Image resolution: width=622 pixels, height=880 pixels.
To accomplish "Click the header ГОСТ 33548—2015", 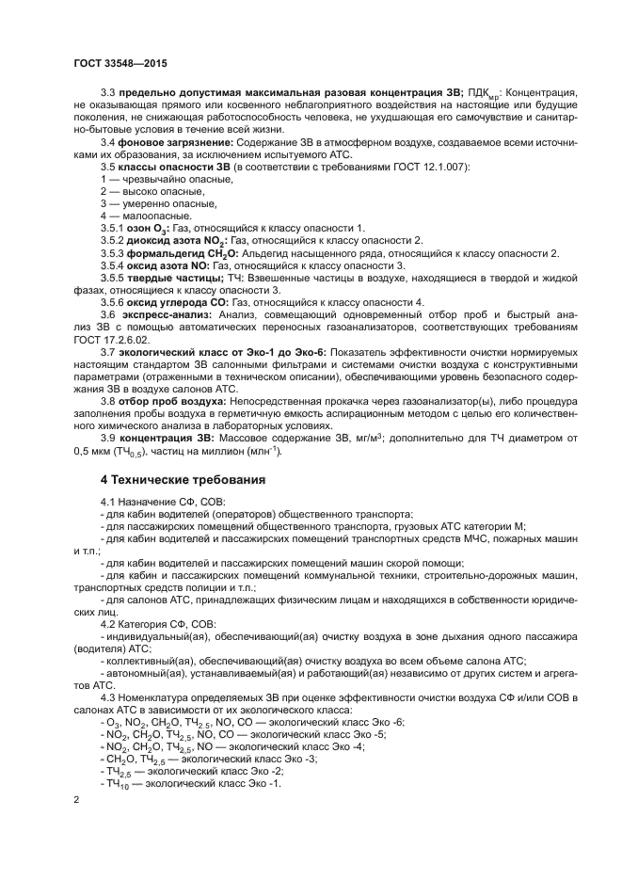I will point(114,62).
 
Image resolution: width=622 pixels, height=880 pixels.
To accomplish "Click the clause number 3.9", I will point(108,437).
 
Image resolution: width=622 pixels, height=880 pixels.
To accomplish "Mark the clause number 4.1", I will point(108,503).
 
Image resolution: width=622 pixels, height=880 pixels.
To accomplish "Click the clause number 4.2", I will point(108,624).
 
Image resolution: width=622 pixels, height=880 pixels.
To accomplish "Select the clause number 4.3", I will point(108,697).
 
